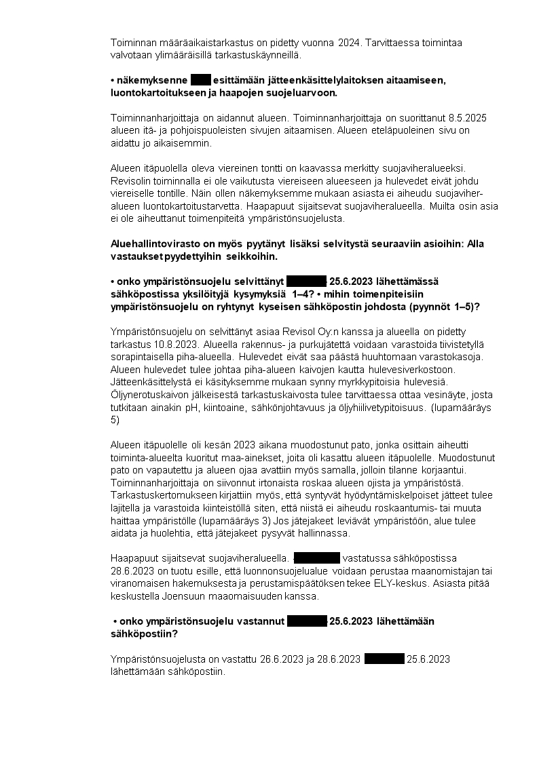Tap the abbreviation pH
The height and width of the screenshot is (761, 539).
pyautogui.click(x=242, y=406)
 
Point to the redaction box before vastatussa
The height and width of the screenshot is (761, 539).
pyautogui.click(x=317, y=558)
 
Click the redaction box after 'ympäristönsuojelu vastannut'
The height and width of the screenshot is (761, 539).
pyautogui.click(x=308, y=621)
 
